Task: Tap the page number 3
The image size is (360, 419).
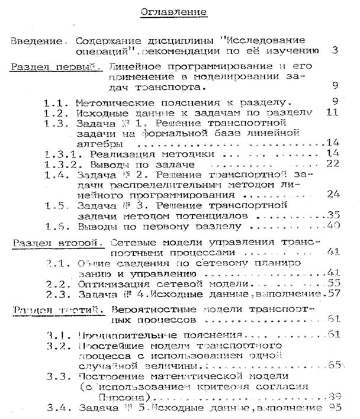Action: tap(335, 51)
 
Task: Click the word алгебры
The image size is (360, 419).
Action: tap(98, 143)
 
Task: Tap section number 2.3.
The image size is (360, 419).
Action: tap(57, 294)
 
